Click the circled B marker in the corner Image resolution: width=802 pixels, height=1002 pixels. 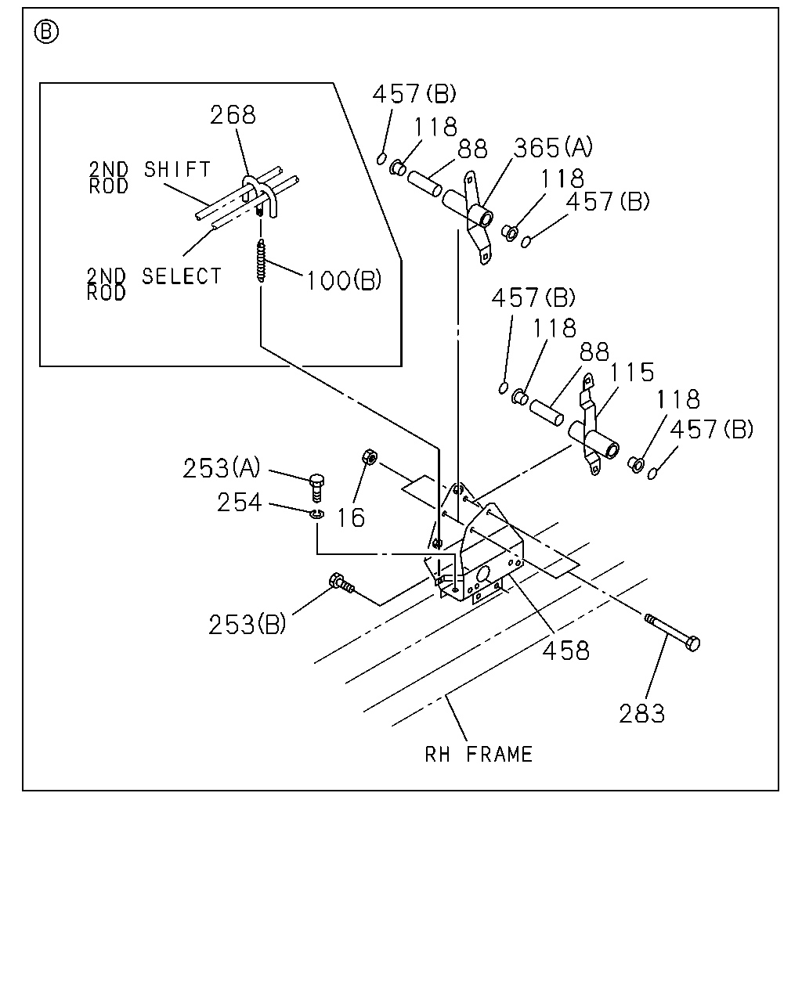(x=47, y=33)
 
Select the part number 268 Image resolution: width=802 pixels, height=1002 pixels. (x=233, y=115)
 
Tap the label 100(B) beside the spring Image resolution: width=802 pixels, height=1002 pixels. (x=344, y=280)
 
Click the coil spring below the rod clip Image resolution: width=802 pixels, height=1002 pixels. (x=261, y=261)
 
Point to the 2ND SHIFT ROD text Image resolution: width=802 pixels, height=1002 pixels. (x=150, y=177)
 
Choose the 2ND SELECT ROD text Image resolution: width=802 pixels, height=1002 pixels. (x=154, y=283)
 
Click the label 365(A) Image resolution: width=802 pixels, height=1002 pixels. (x=553, y=148)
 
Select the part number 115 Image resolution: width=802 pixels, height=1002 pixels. (x=631, y=372)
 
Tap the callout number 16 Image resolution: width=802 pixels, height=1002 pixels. (x=351, y=517)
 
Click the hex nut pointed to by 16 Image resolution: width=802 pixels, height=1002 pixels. (x=370, y=456)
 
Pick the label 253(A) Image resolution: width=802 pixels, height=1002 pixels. (x=222, y=468)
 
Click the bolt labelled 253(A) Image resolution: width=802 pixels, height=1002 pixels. (x=317, y=488)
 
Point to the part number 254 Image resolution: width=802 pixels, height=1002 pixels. (x=240, y=503)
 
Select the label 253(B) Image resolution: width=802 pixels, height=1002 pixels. (x=247, y=625)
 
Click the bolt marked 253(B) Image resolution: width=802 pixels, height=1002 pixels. (x=341, y=583)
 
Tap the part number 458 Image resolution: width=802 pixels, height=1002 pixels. (x=566, y=650)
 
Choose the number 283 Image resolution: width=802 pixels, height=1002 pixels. (x=641, y=713)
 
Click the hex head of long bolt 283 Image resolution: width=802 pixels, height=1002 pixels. (x=693, y=643)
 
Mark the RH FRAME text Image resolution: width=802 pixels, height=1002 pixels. (x=479, y=755)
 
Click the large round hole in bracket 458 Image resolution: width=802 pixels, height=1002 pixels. (x=482, y=575)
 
